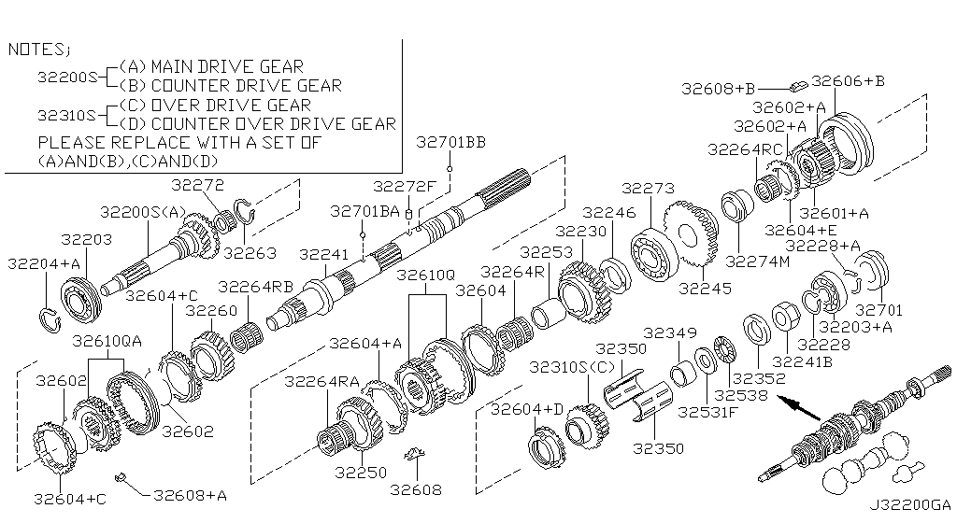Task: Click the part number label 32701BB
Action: [x=450, y=142]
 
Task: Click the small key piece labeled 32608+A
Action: [x=121, y=479]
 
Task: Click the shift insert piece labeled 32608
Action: [x=412, y=458]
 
